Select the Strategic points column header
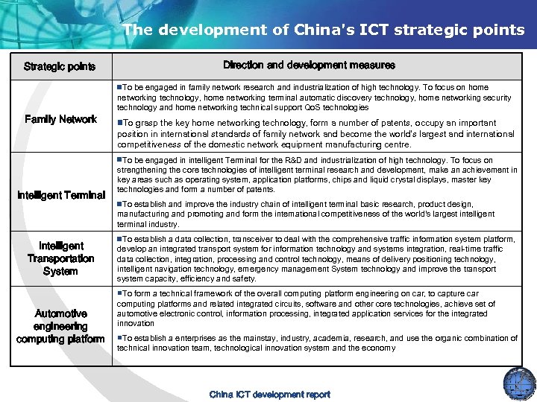pyautogui.click(x=60, y=66)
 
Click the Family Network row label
pyautogui.click(x=60, y=119)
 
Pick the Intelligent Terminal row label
pyautogui.click(x=60, y=195)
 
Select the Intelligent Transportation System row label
pyautogui.click(x=60, y=258)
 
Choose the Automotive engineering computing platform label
pyautogui.click(x=60, y=326)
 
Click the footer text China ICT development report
pyautogui.click(x=269, y=395)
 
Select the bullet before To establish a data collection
pyautogui.click(x=119, y=239)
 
